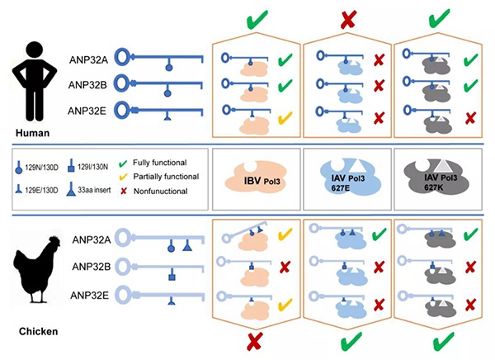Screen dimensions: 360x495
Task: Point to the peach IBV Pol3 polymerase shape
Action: [257, 178]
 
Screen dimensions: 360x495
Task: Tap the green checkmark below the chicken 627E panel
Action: [347, 340]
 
